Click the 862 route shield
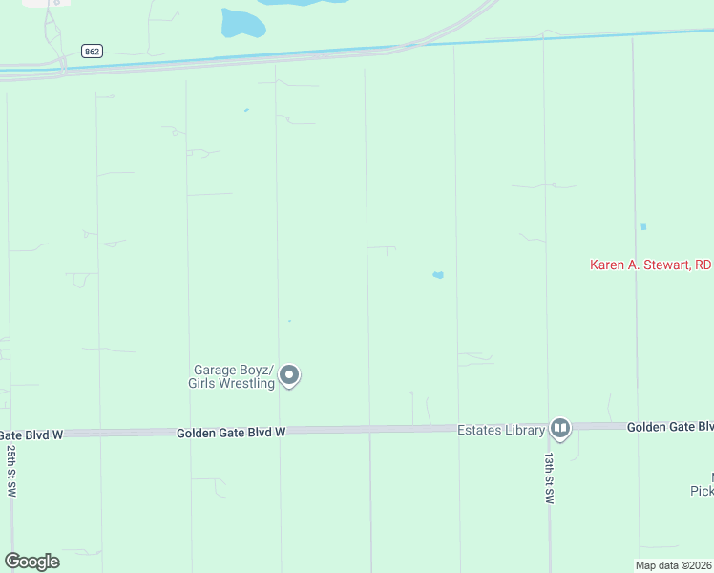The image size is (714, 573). pos(92,52)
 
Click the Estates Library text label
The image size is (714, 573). pos(501,430)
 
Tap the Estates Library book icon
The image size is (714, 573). pos(560,429)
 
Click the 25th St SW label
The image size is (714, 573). pos(12,470)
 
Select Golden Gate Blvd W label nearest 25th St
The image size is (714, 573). pos(31,435)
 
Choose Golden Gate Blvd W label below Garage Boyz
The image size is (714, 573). pos(231,433)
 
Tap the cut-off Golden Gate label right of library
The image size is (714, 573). pos(669,427)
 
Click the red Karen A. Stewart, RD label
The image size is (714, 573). pos(651,265)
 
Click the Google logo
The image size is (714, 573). pos(31,562)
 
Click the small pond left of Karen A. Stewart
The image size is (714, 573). pos(438,275)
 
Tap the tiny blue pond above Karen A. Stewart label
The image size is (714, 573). pos(643,226)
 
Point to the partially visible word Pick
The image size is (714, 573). pos(702,491)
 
